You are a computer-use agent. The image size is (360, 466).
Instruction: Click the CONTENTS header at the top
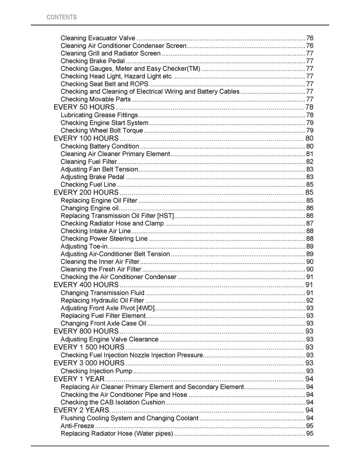(62, 17)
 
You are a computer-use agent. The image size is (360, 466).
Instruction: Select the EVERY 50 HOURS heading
(84, 107)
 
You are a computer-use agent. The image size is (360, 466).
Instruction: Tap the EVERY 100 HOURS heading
(86, 138)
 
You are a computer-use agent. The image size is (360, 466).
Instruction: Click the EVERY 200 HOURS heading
(86, 193)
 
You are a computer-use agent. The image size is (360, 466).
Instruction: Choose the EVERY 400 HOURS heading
(86, 285)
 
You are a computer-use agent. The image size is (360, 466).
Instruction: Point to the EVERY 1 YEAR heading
(79, 379)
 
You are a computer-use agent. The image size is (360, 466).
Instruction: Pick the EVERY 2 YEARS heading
(81, 410)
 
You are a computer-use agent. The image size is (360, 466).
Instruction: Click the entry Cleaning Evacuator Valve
(98, 38)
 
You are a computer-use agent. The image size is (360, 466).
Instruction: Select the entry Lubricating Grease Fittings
(99, 115)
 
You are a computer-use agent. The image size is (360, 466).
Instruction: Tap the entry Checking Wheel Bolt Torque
(102, 131)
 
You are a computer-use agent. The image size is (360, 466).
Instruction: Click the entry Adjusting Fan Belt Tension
(99, 169)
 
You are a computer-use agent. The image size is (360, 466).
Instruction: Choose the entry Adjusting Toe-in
(84, 246)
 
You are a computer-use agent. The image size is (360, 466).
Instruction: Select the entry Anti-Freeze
(77, 426)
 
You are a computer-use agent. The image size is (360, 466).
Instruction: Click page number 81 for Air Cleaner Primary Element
(310, 154)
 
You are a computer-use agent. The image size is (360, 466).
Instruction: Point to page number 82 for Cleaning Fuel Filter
(310, 162)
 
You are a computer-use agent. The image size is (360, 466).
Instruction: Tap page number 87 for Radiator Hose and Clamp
(310, 224)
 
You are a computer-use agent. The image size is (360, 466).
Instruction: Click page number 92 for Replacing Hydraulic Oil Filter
(310, 300)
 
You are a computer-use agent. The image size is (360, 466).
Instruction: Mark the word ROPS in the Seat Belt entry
(139, 84)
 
